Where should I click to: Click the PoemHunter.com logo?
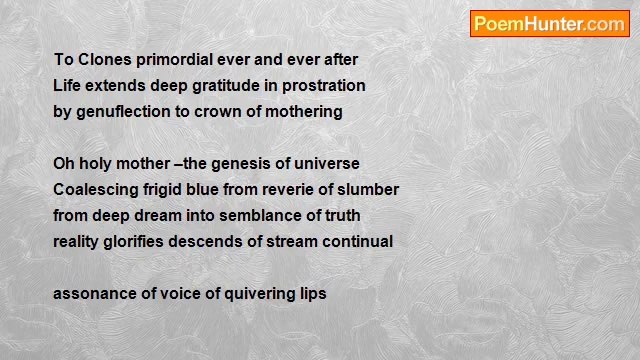(549, 24)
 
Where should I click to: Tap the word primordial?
(176, 60)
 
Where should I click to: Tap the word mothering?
(304, 112)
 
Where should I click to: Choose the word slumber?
(366, 190)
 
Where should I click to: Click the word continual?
(355, 242)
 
